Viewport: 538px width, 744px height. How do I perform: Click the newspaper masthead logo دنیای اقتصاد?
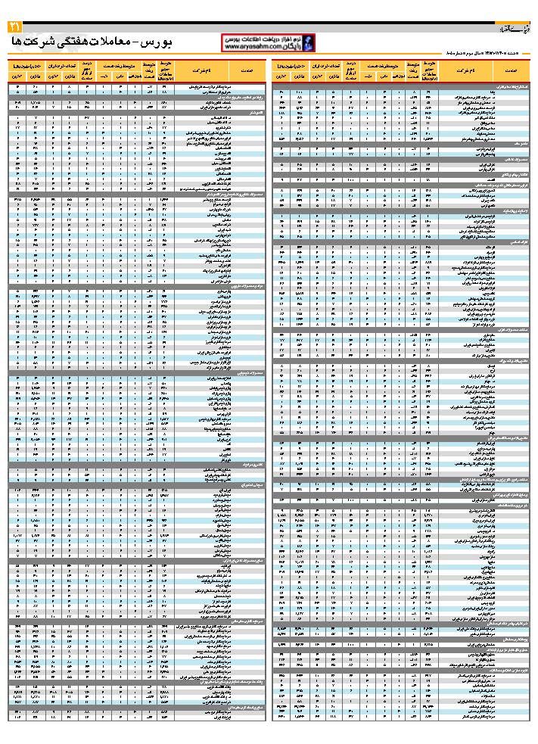click(x=519, y=29)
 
